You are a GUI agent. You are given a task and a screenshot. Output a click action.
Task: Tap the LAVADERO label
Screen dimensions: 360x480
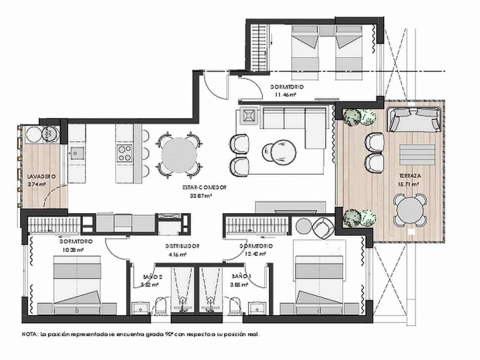pos(41,176)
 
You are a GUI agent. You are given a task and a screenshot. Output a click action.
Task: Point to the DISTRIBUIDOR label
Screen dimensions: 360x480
pos(182,246)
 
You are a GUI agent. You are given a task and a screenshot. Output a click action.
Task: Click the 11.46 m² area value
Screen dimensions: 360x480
pos(285,94)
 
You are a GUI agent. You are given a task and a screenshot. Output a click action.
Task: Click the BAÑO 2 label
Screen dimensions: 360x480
pos(152,276)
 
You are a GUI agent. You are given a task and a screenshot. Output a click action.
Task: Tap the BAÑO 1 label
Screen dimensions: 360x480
pos(241,276)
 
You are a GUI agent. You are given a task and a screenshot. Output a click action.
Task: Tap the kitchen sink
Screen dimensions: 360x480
pos(76,153)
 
